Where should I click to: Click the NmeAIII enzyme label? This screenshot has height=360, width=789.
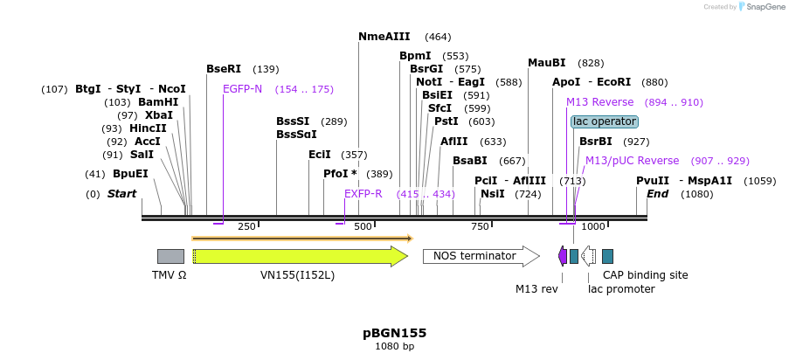[384, 37]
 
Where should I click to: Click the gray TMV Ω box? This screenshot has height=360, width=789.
[170, 256]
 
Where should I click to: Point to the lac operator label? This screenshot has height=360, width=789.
[605, 121]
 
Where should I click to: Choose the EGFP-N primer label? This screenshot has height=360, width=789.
[242, 89]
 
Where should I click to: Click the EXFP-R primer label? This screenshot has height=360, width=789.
[363, 194]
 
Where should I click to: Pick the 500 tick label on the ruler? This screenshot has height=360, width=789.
[363, 227]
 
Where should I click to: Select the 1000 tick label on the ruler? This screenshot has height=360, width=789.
[592, 227]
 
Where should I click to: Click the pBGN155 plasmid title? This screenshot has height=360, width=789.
[394, 333]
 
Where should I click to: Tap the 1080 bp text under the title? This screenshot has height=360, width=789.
[394, 347]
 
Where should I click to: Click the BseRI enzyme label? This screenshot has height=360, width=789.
[224, 69]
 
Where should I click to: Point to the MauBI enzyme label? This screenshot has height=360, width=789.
[547, 63]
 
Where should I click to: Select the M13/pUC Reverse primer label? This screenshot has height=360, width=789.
[632, 161]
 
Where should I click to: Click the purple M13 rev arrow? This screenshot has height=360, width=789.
[563, 256]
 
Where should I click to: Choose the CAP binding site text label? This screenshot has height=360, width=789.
[646, 275]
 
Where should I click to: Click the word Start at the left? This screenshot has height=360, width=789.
[122, 194]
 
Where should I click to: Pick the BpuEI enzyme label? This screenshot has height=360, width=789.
[130, 174]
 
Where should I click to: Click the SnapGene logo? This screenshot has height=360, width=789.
[760, 7]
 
